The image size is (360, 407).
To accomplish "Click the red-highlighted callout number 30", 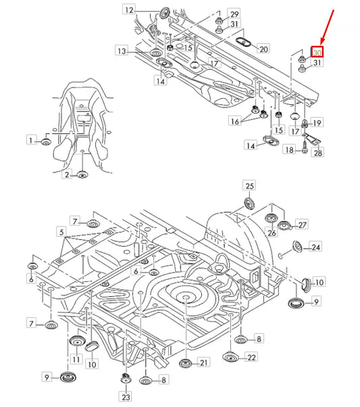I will [317, 51].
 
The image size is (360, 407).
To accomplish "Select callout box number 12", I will [129, 9].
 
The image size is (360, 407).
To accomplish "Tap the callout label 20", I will [263, 49].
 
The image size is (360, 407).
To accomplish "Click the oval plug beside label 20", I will [241, 44].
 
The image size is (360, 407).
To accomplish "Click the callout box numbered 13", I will [121, 51].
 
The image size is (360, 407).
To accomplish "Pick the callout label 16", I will [234, 121].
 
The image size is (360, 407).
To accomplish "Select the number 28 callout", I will [317, 153].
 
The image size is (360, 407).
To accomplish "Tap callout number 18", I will [289, 150].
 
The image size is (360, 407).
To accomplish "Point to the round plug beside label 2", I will [82, 175].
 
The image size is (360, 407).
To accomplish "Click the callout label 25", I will [249, 185].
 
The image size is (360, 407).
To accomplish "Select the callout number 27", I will [302, 224].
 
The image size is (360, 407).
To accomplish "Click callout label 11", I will [76, 358].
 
